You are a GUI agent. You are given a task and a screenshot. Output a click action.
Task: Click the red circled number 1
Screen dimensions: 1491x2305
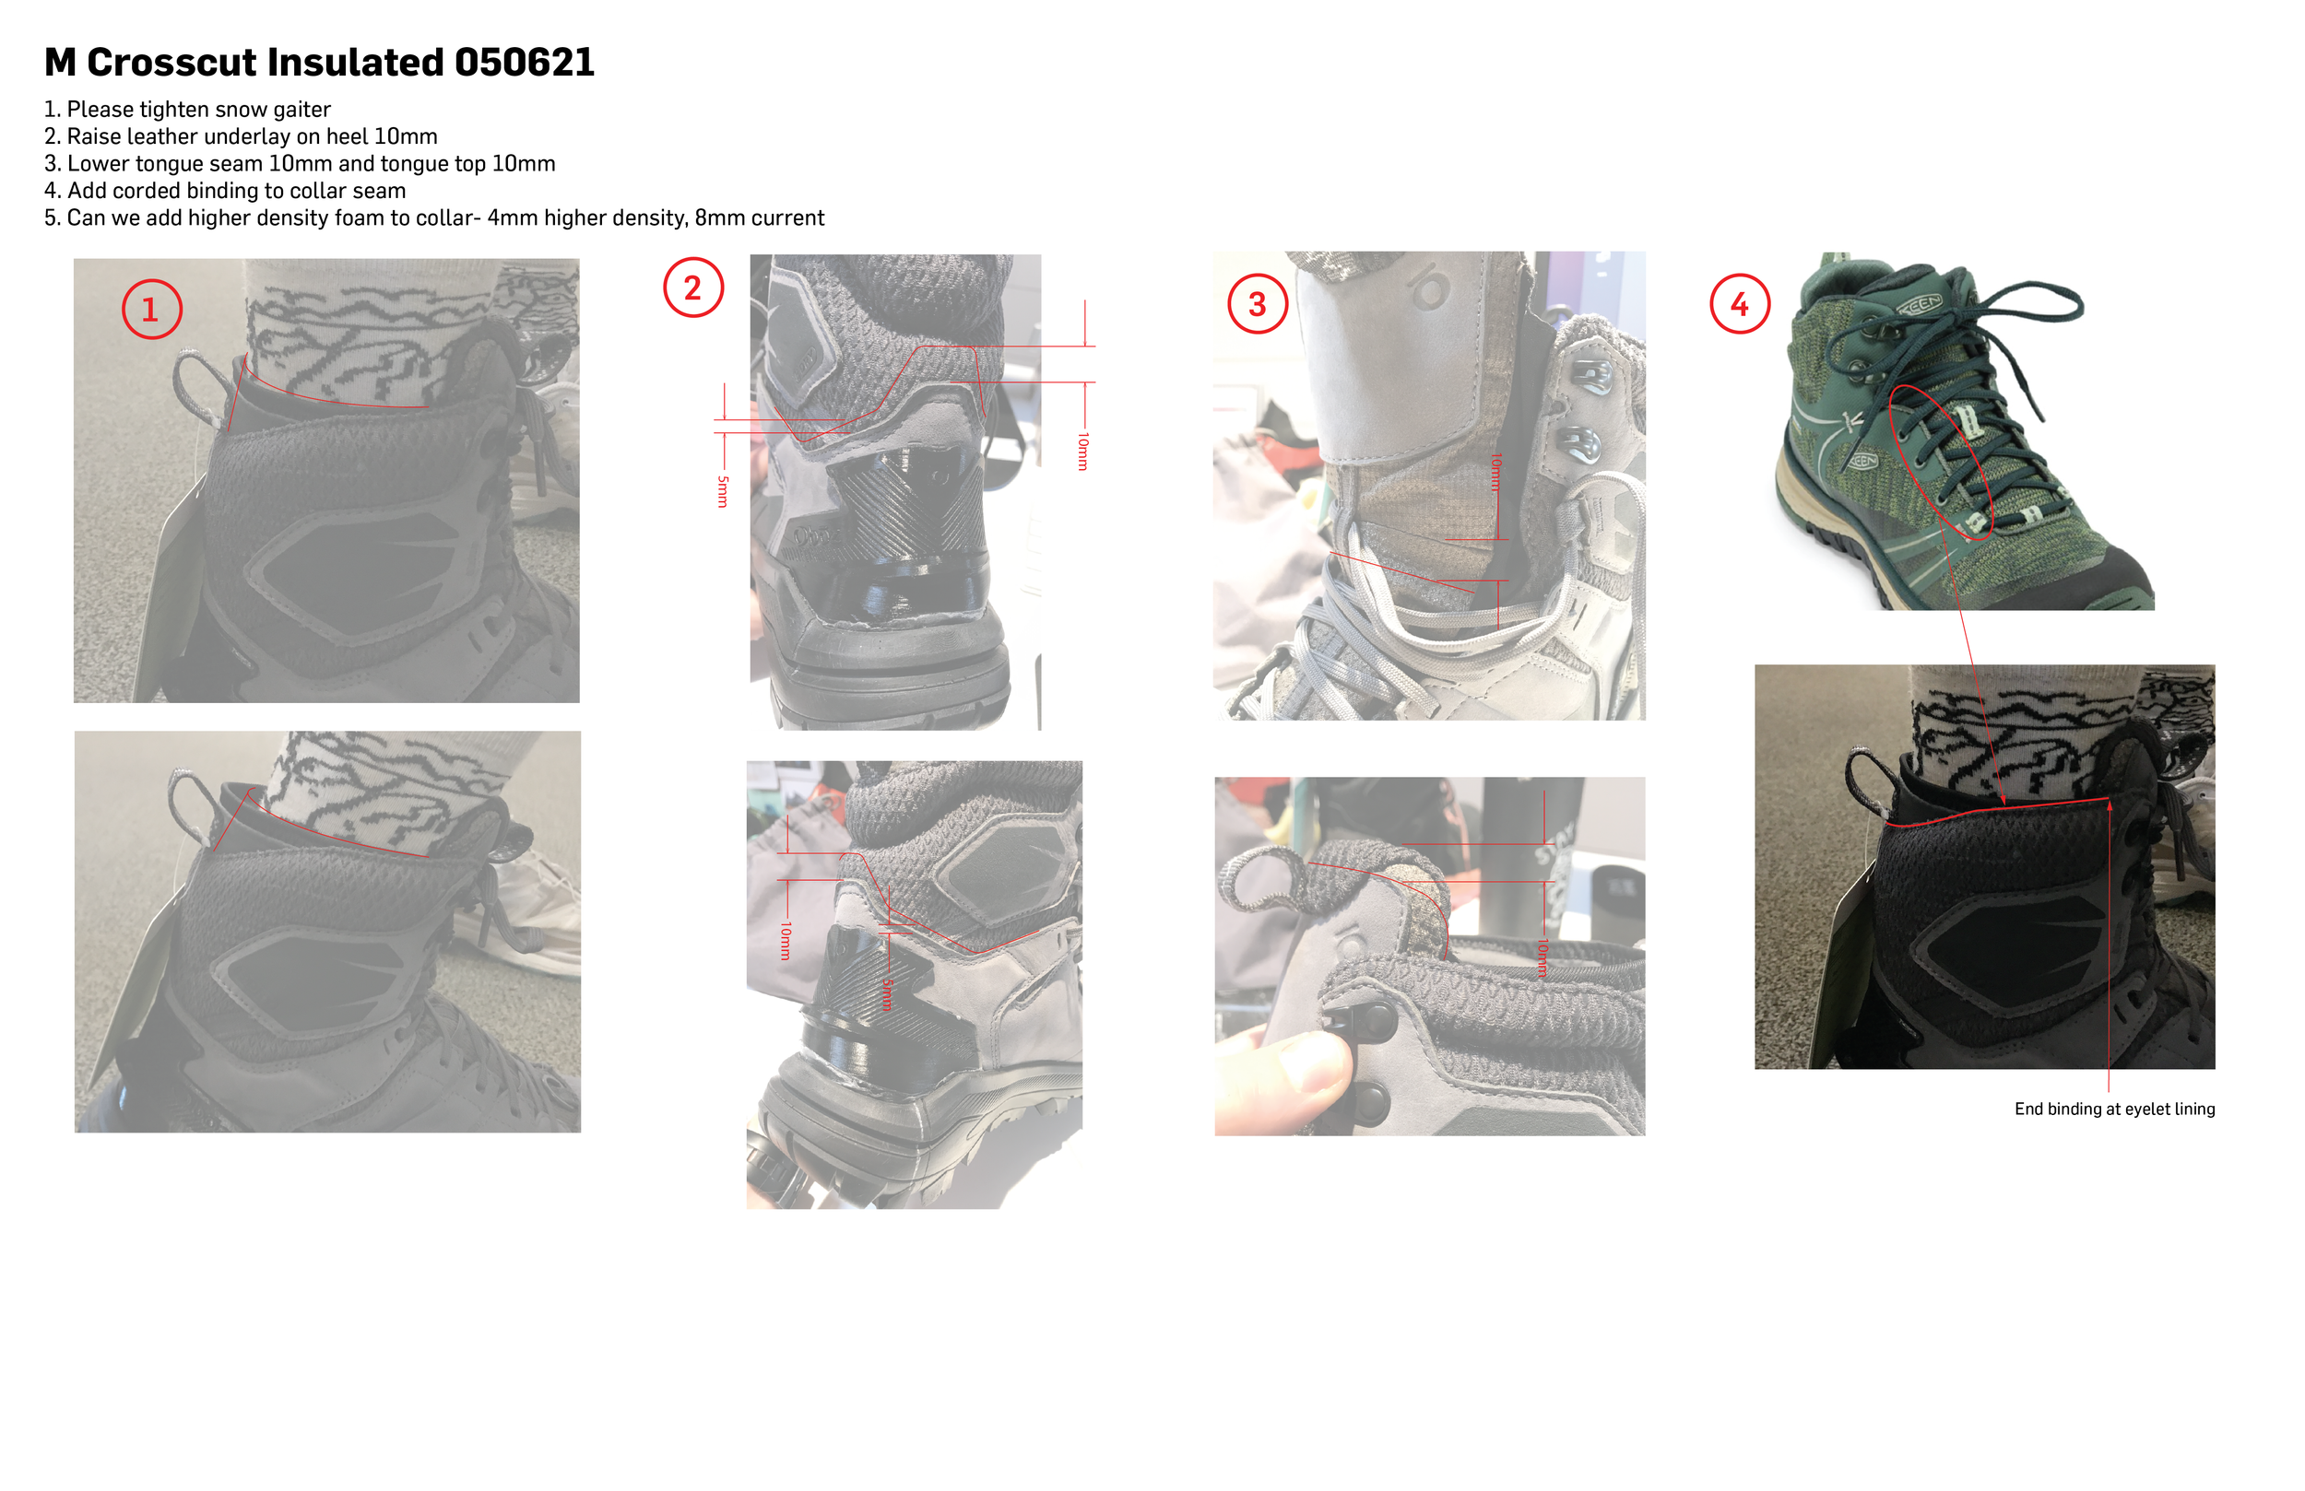point(151,310)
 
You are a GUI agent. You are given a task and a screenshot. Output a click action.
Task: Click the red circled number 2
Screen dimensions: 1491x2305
point(692,288)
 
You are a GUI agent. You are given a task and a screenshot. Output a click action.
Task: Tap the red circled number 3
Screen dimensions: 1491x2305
point(1257,304)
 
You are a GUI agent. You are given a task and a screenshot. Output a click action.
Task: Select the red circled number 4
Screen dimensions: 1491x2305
point(1740,304)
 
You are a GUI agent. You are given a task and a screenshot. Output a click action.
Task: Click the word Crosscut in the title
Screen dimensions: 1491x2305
point(172,63)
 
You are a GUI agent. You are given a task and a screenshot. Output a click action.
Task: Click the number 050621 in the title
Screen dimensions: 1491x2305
point(524,63)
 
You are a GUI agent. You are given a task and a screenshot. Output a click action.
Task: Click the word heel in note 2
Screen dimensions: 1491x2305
point(347,136)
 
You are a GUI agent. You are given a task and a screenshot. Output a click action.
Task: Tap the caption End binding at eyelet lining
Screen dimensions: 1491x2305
point(2114,1109)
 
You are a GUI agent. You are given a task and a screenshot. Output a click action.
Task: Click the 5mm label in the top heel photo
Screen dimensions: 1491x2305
point(723,491)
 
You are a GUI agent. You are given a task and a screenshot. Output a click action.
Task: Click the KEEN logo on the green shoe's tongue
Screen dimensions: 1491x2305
point(1919,305)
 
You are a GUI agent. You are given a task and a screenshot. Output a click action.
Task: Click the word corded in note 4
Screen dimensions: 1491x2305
point(148,191)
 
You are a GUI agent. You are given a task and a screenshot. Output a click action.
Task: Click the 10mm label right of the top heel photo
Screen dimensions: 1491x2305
point(1082,452)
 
